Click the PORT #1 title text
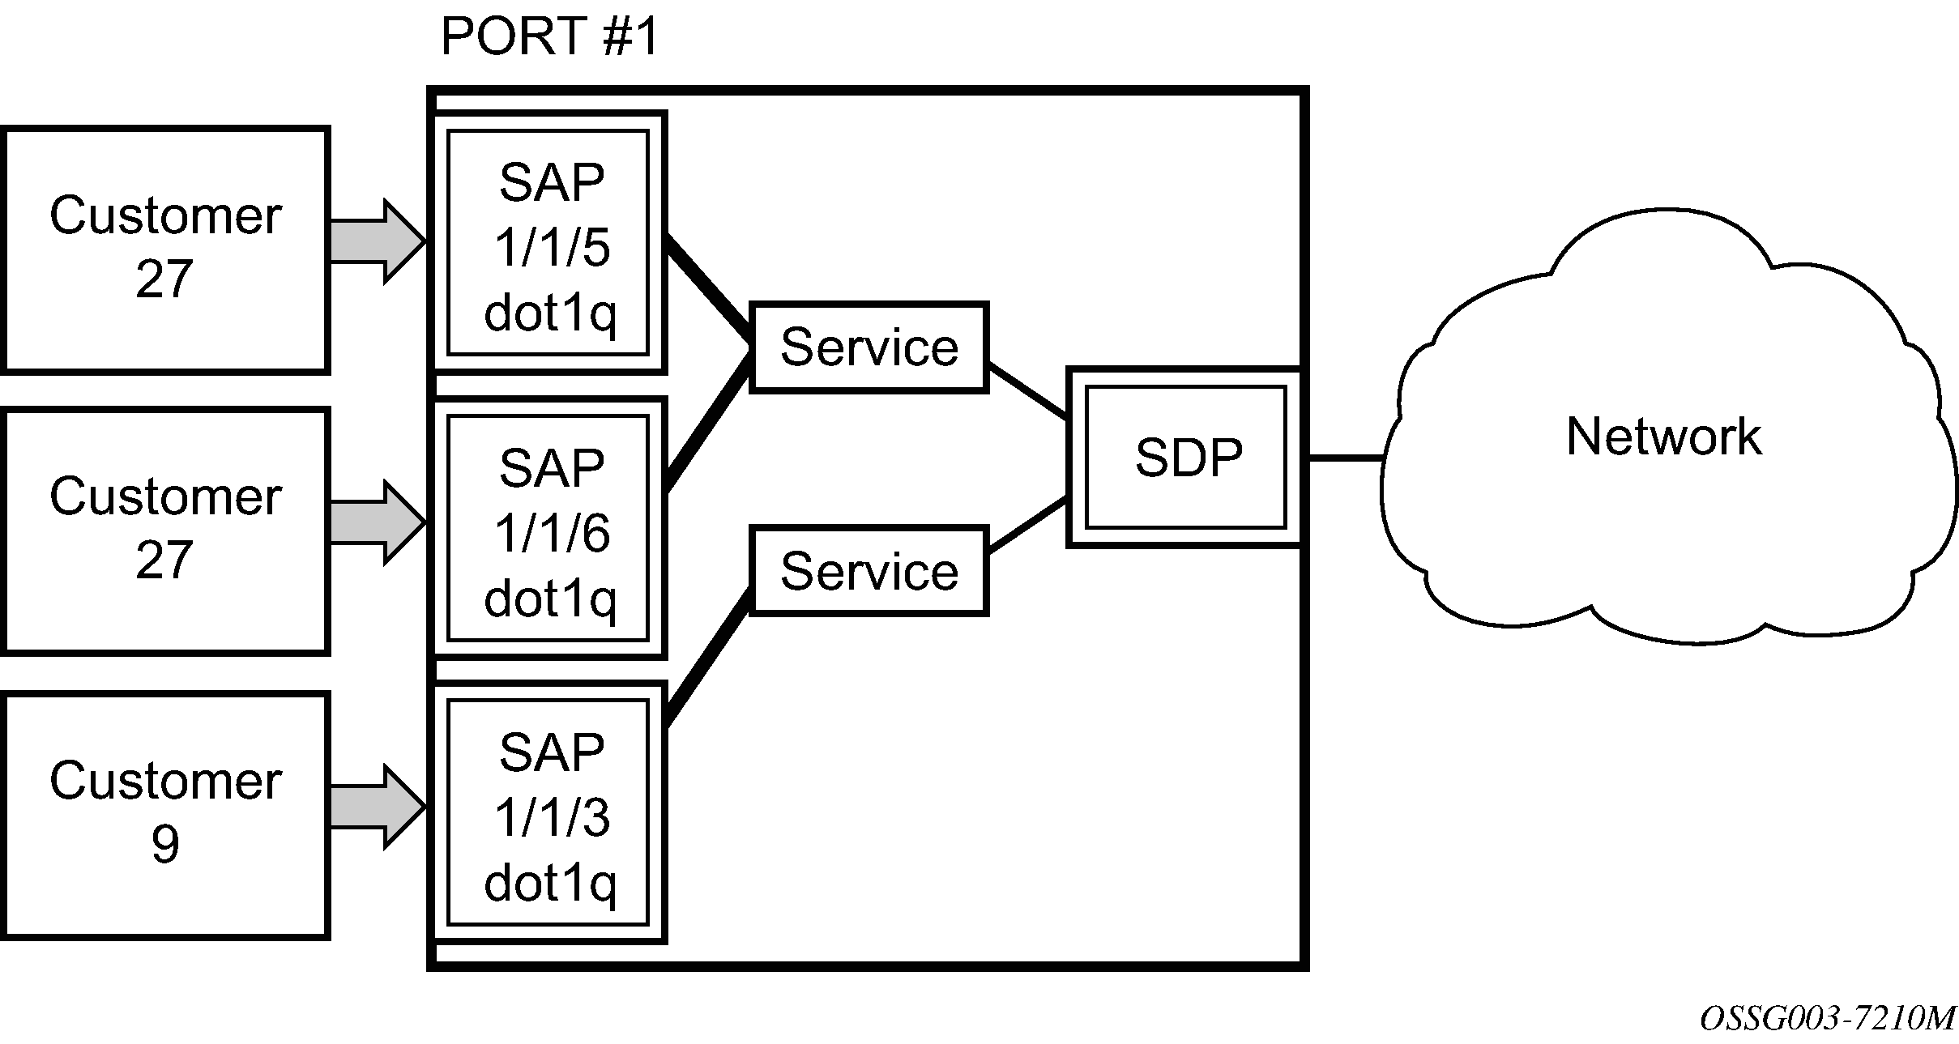click(x=549, y=36)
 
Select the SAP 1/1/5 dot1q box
click(x=548, y=242)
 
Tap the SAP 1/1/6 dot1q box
click(x=548, y=527)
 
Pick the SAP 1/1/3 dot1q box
click(x=548, y=812)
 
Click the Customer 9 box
click(x=165, y=816)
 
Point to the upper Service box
click(x=869, y=347)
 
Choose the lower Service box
click(x=869, y=571)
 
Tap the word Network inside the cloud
click(x=1663, y=437)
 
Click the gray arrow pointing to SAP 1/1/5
click(x=378, y=241)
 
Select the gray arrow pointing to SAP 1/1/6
click(x=378, y=522)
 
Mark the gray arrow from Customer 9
click(x=378, y=807)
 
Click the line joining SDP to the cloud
click(x=1345, y=458)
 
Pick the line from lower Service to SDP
click(x=1027, y=525)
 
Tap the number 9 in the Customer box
click(x=165, y=844)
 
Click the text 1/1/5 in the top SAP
click(x=552, y=247)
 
